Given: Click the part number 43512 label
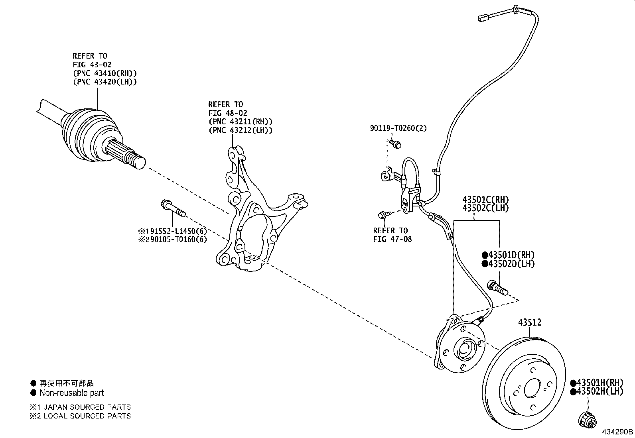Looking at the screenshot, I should coord(530,322).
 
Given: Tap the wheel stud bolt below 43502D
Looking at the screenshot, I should coord(497,287).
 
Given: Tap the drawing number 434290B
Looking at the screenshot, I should coord(617,432).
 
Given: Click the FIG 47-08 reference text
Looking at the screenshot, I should coord(392,239).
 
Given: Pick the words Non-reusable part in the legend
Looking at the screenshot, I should coord(71,393).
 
